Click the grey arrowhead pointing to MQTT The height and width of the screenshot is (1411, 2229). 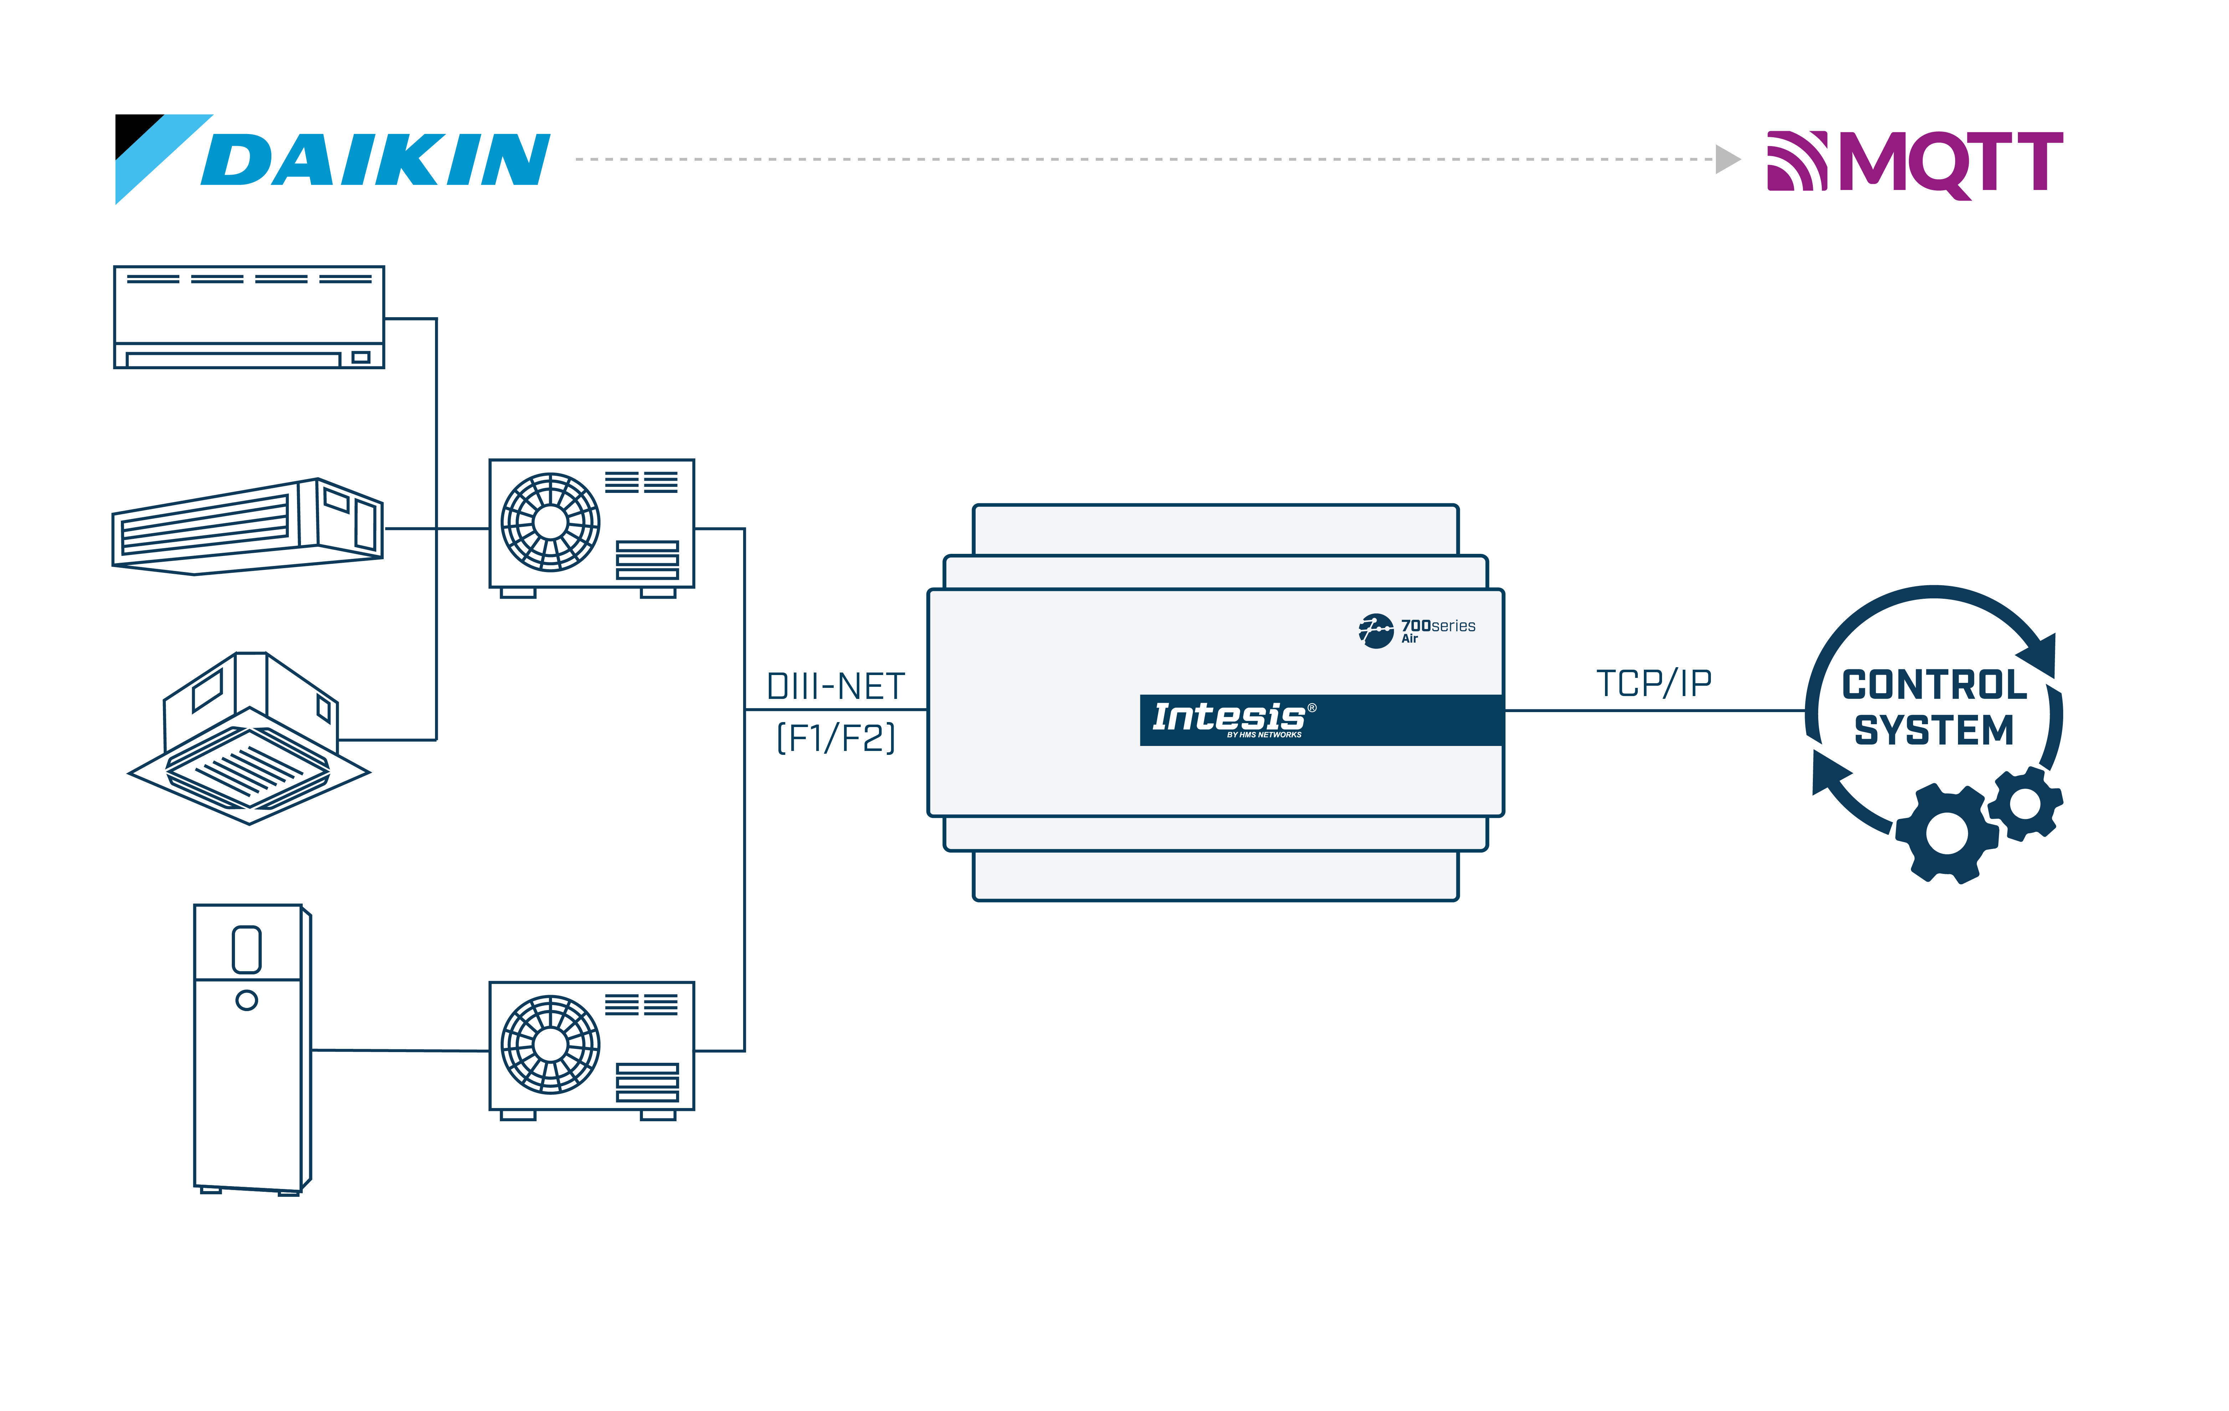point(1726,159)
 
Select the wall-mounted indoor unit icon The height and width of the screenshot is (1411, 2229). point(248,317)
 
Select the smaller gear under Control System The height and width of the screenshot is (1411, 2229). point(2025,802)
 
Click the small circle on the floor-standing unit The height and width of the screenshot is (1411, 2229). point(246,1000)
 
